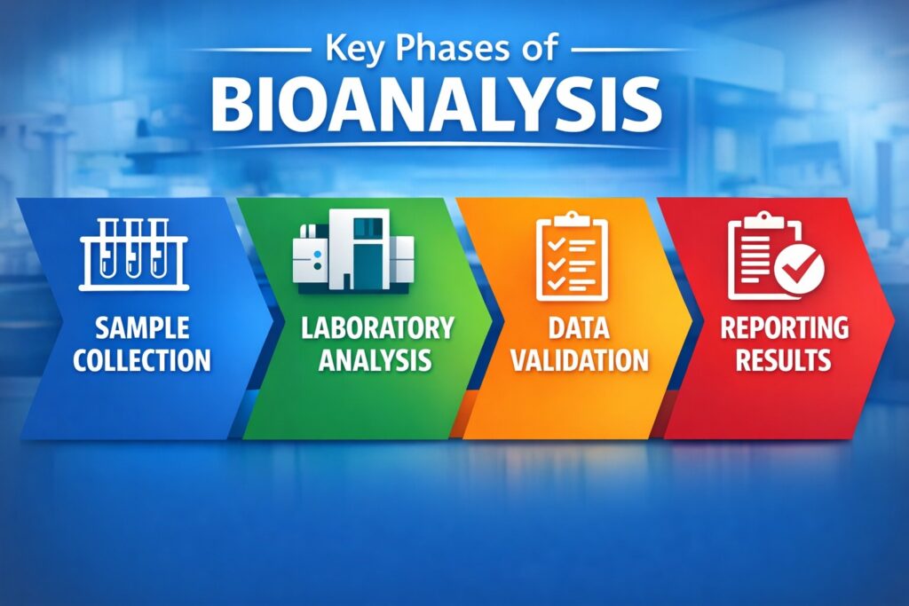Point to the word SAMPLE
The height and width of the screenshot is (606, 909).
(x=142, y=329)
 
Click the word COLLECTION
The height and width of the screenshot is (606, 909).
(x=142, y=360)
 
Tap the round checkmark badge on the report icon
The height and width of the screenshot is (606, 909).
(x=798, y=267)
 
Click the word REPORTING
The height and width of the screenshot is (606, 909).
(x=784, y=329)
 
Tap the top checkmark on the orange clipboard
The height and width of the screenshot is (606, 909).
(x=554, y=241)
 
